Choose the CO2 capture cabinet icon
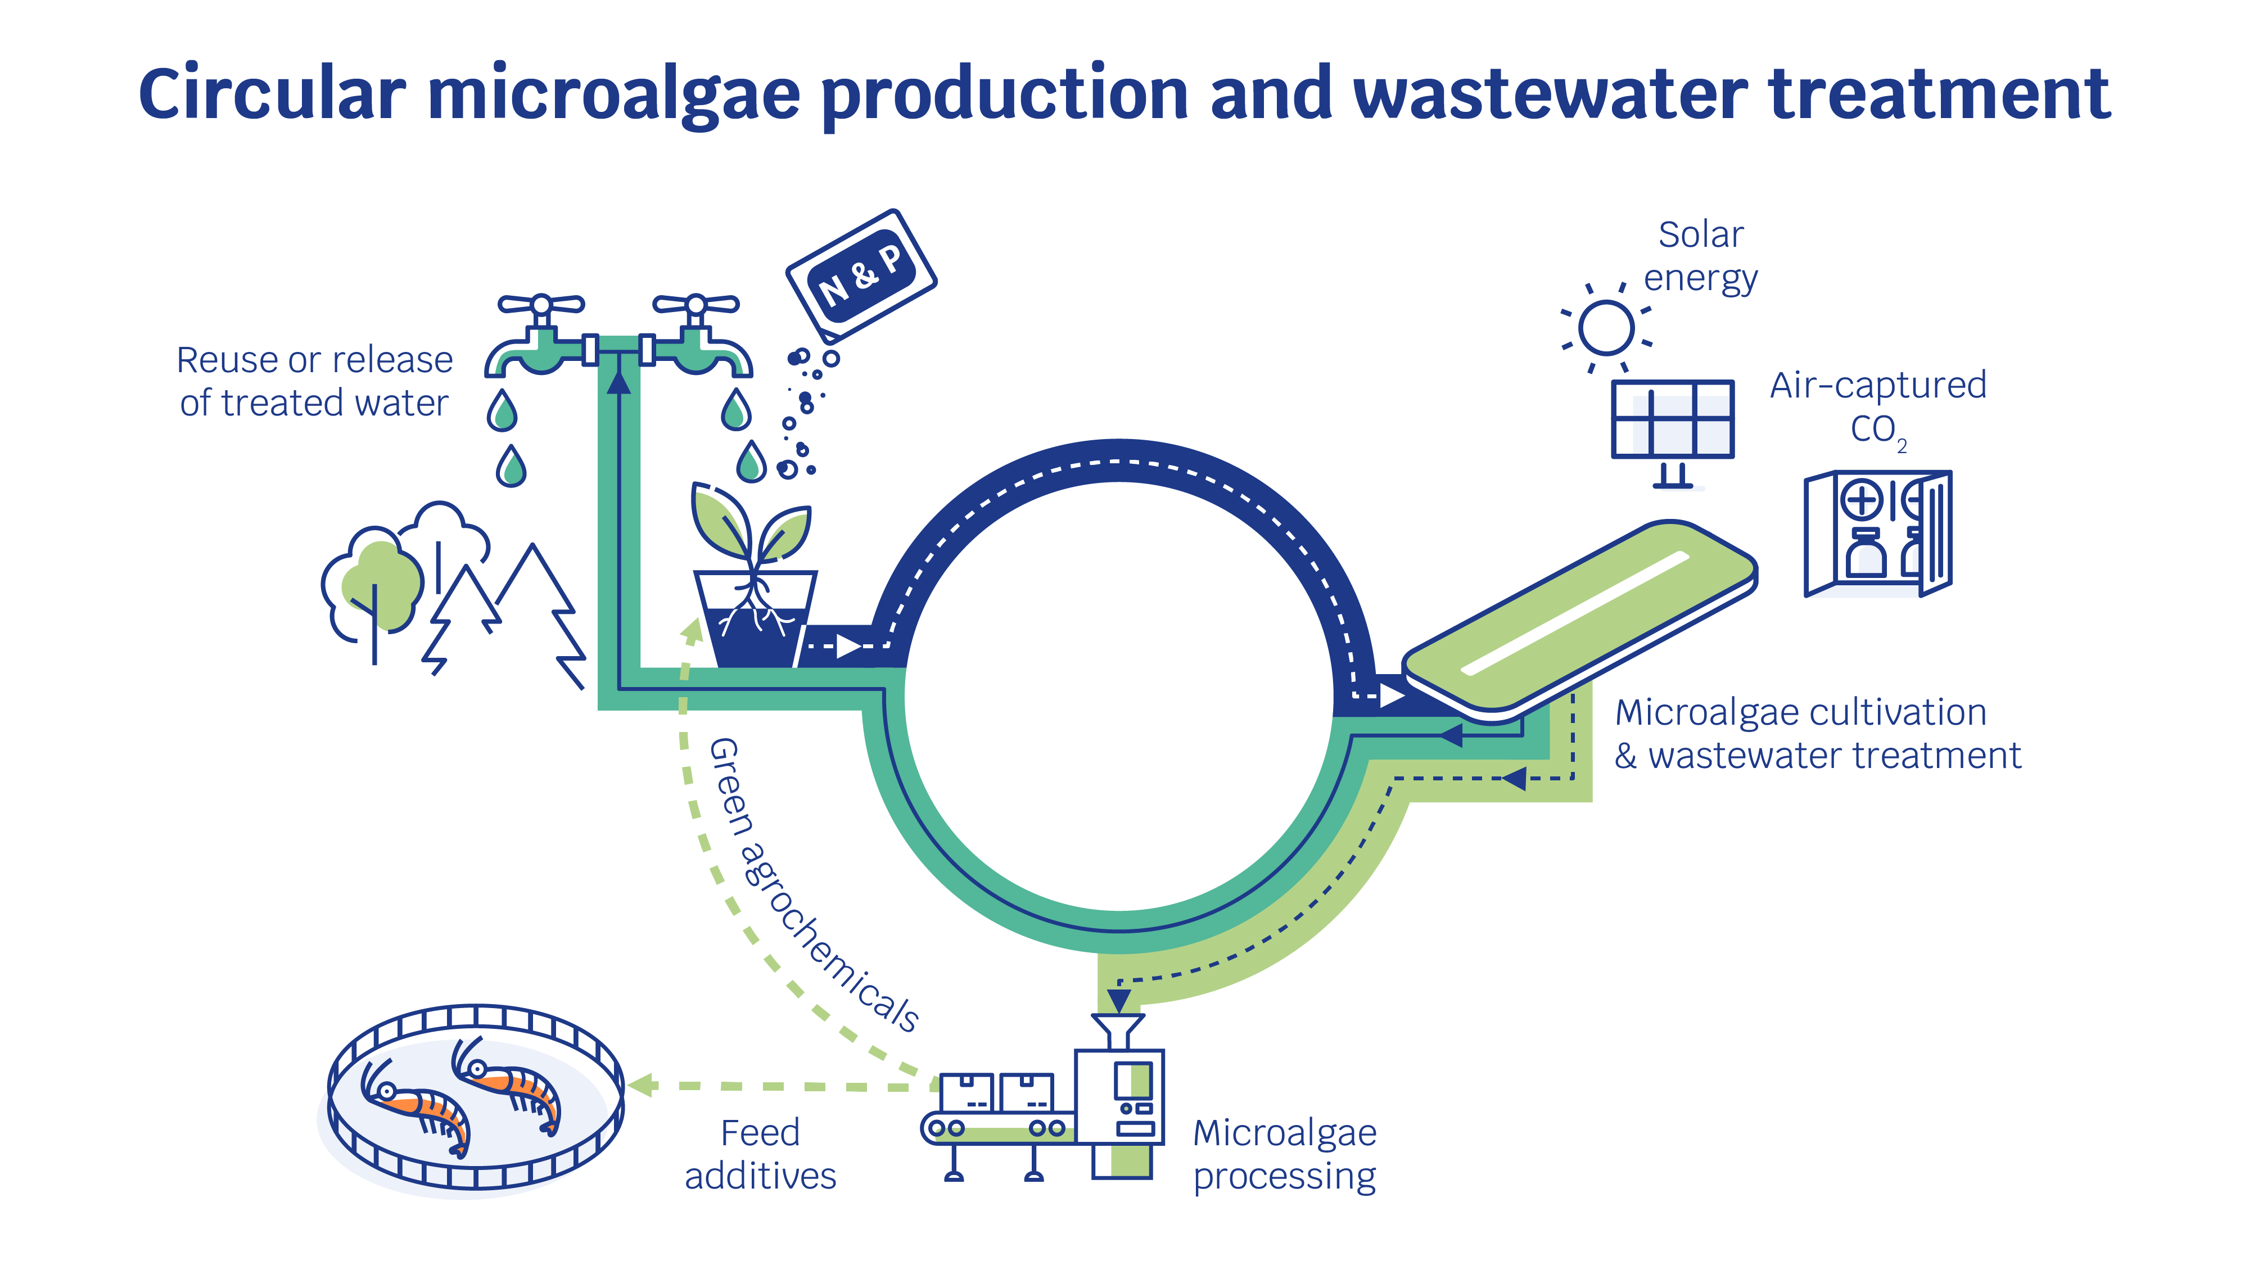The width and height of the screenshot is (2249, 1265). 1877,532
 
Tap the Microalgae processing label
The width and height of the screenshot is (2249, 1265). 1284,1154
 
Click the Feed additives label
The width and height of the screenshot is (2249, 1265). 760,1154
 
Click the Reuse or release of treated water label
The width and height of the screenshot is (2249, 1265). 314,382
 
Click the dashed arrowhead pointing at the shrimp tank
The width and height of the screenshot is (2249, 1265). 642,1085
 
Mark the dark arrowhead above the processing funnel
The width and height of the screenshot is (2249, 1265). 1118,999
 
